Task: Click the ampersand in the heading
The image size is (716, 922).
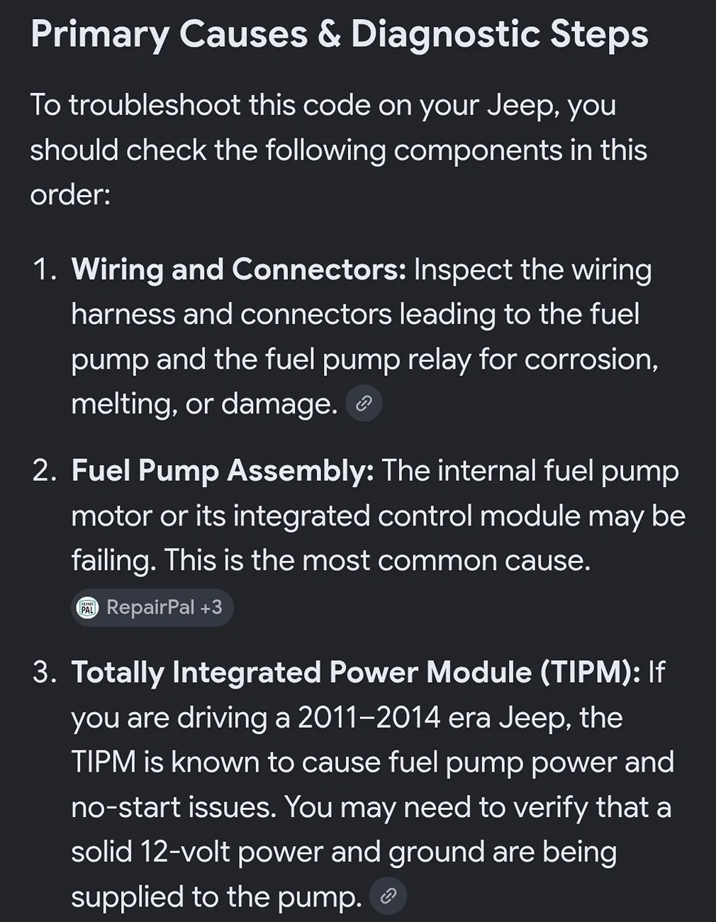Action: (329, 34)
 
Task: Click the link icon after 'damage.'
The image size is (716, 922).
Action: (364, 403)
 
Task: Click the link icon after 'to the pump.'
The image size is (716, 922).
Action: (388, 896)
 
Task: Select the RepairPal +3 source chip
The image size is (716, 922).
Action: (152, 607)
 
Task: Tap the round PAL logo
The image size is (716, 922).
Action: (87, 607)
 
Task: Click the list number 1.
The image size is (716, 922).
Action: (44, 270)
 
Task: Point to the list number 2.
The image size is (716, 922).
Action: (44, 471)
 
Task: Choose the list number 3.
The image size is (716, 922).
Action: (44, 672)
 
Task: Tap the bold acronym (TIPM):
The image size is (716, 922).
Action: (590, 673)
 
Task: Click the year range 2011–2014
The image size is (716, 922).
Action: (369, 718)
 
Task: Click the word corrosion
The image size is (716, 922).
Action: (591, 360)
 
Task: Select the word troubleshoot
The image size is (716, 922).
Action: (155, 105)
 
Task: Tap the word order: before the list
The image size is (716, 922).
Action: (70, 195)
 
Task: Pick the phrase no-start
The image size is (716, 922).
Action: (126, 807)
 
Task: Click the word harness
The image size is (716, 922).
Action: (123, 315)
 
